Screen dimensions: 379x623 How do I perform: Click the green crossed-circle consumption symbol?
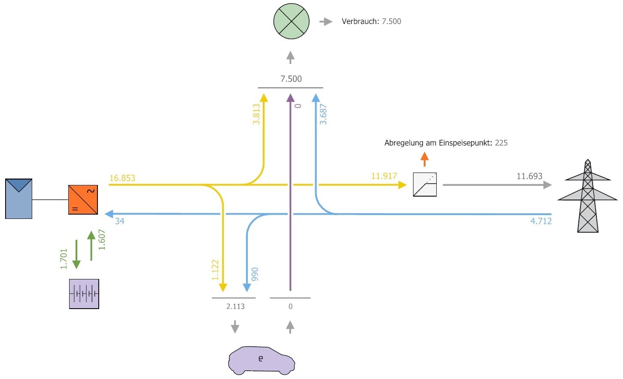291,21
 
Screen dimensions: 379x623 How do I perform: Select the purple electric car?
261,360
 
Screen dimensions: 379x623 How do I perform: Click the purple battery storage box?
84,294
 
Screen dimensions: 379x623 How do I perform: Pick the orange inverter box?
83,200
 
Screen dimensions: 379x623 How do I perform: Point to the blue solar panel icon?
19,199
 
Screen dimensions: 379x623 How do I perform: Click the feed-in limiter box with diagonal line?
425,185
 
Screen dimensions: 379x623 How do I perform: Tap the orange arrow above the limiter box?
425,159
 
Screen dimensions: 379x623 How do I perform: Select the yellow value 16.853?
122,178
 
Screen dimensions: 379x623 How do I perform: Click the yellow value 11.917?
384,176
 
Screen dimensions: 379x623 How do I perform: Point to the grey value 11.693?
529,176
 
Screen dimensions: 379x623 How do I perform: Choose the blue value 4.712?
541,221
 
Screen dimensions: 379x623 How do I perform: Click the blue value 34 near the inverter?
119,221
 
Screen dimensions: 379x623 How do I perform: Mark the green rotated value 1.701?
64,259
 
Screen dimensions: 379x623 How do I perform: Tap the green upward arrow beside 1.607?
91,246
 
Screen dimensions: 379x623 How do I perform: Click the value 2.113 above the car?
235,306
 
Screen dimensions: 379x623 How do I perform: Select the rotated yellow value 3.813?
256,114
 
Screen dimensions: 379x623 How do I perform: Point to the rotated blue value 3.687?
323,114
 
